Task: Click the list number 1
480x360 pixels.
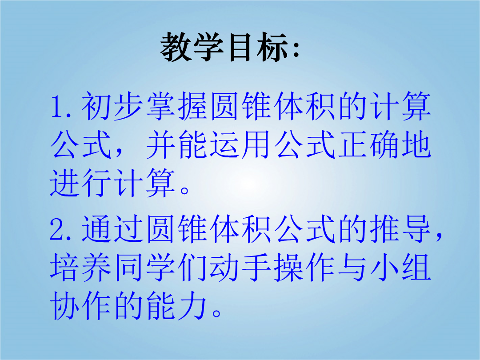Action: [57, 107]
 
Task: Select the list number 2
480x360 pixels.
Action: [57, 230]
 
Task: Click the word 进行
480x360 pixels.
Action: [80, 183]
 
